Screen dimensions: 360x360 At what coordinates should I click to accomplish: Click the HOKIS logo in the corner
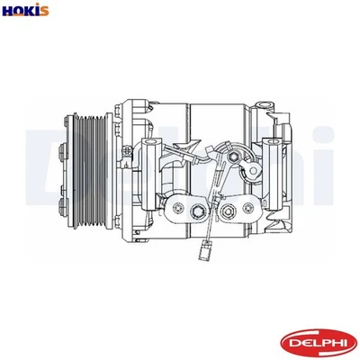tap(25, 11)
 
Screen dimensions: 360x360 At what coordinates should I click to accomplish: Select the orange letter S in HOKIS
tap(44, 11)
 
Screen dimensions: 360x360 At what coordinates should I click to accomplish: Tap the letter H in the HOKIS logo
tap(8, 11)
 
